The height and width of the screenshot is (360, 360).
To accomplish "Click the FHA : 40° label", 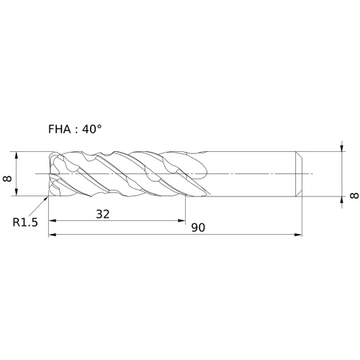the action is tap(75, 130).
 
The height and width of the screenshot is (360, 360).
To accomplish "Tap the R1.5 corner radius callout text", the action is tap(25, 222).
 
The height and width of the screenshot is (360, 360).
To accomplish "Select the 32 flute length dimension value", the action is tap(103, 214).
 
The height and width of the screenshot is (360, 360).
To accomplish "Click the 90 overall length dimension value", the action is tap(198, 228).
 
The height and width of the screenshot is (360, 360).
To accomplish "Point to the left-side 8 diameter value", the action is tap(8, 179).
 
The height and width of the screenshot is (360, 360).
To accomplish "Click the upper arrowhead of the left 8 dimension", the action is tap(17, 156).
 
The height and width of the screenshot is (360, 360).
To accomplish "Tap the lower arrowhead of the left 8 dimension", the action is tap(17, 192).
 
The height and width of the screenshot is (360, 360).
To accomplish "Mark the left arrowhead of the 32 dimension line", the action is tap(53, 221).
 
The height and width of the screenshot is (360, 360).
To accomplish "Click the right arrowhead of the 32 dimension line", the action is tap(181, 221).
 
